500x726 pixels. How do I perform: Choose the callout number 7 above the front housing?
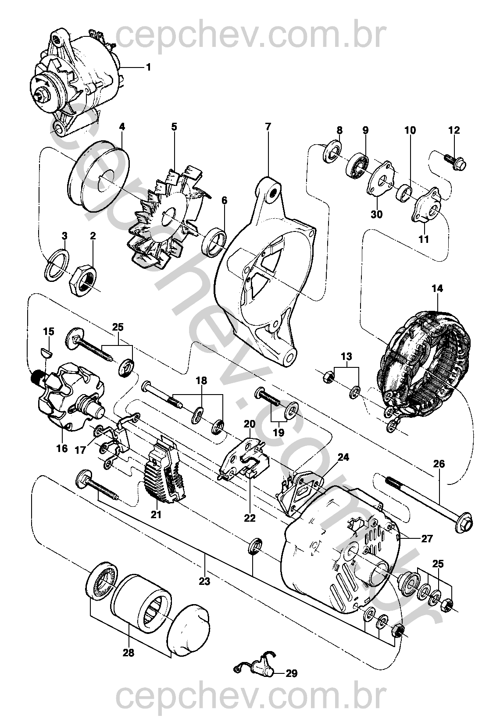tap(268, 126)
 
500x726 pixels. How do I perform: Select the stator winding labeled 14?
tap(421, 364)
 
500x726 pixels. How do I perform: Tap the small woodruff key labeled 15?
tap(46, 351)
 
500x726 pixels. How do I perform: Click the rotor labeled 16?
tap(70, 397)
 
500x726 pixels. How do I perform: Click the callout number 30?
tap(377, 214)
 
